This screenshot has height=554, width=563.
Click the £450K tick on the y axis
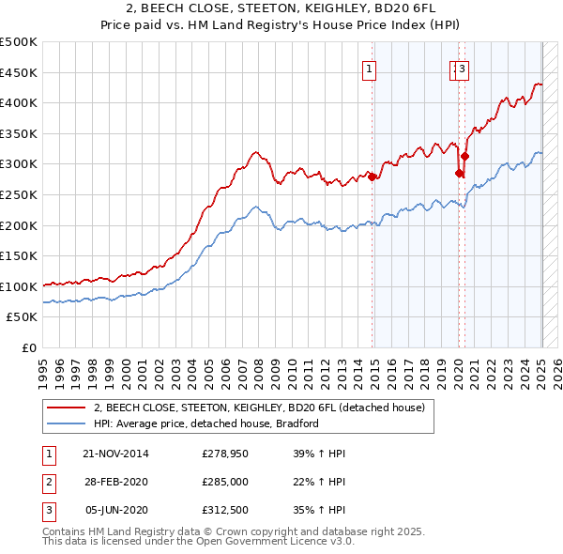pos(19,72)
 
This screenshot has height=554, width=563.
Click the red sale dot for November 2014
pos(373,177)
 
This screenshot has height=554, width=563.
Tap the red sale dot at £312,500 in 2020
pos(464,156)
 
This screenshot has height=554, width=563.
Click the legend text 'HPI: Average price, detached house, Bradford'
pos(206,423)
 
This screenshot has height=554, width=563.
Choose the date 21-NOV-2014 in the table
pos(115,454)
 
